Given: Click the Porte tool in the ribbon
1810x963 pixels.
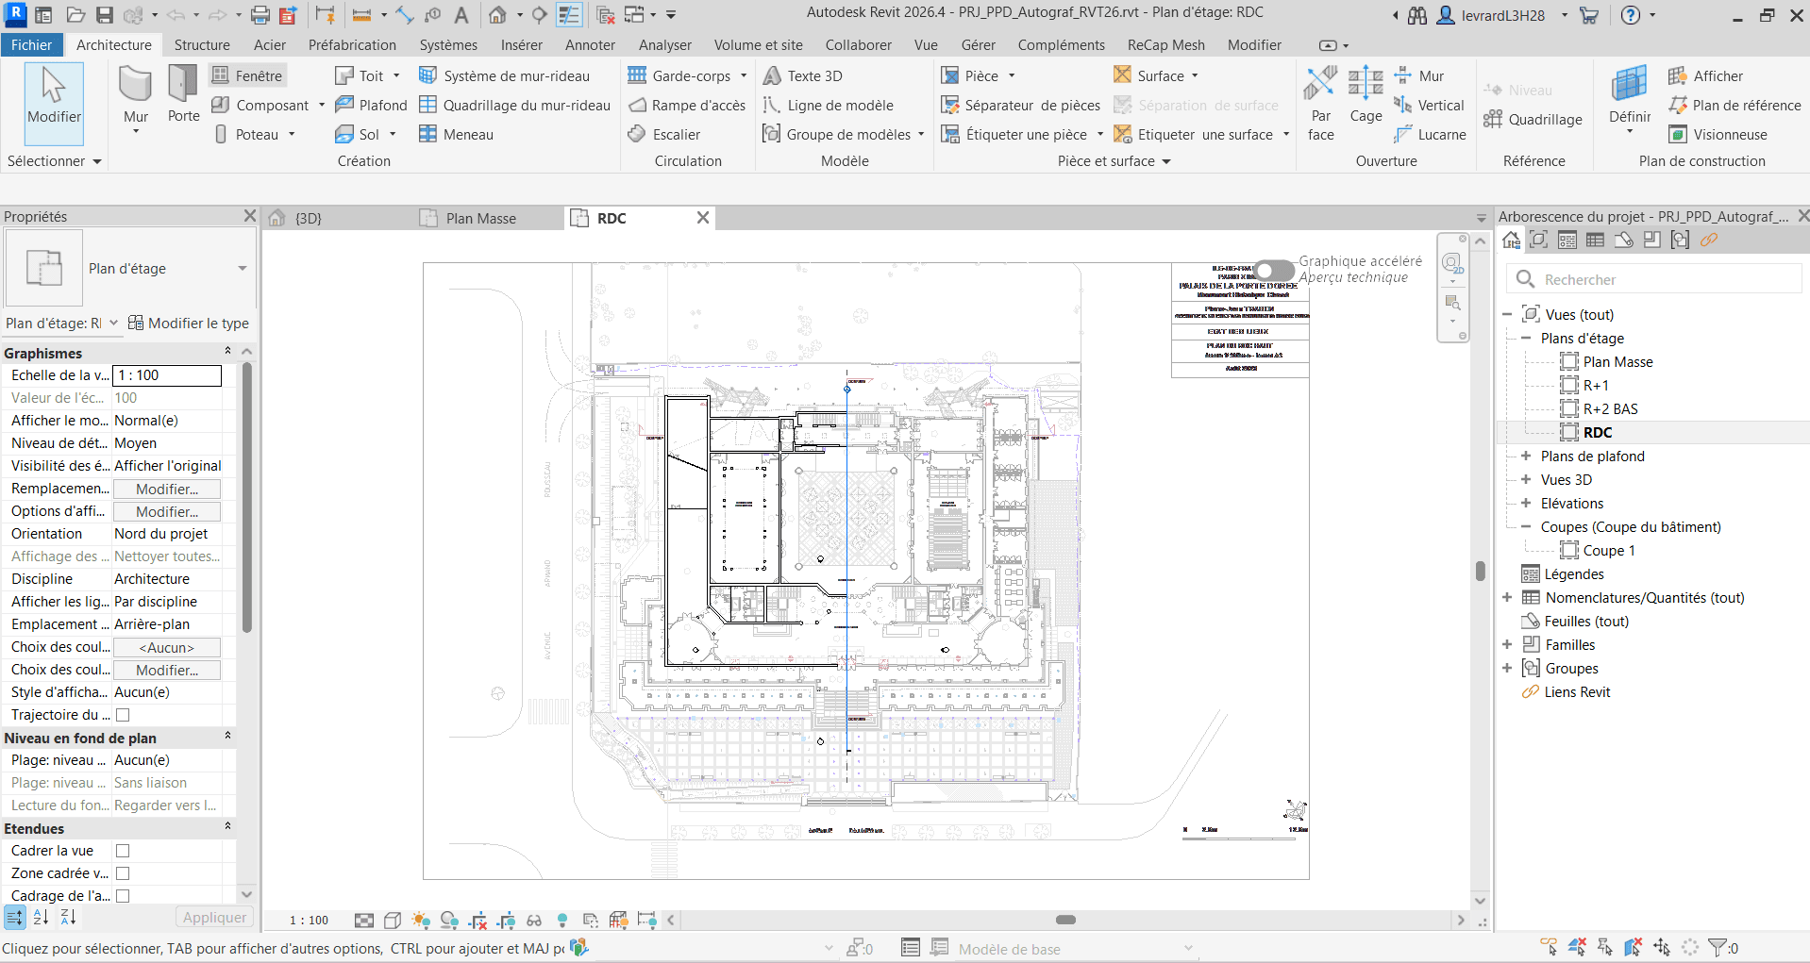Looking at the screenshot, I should coord(183,94).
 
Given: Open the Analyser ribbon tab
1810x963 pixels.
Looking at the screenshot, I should coord(664,44).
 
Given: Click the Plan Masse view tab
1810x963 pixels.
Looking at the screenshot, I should coord(480,219).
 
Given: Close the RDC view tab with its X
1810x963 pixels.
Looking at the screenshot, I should coord(703,218).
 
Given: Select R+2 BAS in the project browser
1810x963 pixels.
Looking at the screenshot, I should coord(1610,408).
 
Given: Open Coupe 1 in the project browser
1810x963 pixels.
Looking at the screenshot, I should coord(1608,550).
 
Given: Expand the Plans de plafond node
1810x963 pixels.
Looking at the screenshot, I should coord(1526,456).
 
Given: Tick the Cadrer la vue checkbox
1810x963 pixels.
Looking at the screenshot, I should coord(123,851).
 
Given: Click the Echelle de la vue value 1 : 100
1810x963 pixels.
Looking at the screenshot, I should coord(167,375).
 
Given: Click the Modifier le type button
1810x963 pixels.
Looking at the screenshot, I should coord(189,324).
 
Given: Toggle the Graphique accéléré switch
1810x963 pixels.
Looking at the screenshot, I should coord(1274,271).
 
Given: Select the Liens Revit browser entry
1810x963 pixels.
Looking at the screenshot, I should coord(1576,691).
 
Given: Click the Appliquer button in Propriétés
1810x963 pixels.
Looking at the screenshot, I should coord(214,917).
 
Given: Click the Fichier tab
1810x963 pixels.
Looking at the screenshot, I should coord(31,44).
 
